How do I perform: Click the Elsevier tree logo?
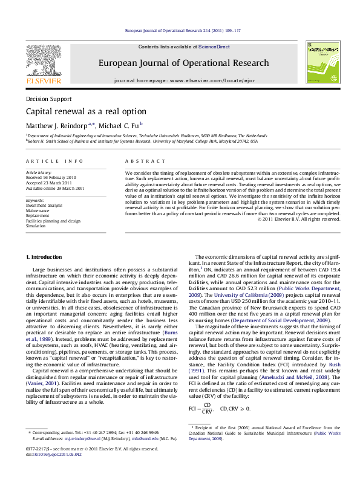click(43, 62)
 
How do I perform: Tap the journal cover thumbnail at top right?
click(322, 63)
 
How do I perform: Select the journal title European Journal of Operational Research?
click(183, 63)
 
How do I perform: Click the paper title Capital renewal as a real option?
click(86, 112)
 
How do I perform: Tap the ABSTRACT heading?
click(145, 161)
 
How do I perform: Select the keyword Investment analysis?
click(44, 206)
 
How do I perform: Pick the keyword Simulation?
click(37, 225)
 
